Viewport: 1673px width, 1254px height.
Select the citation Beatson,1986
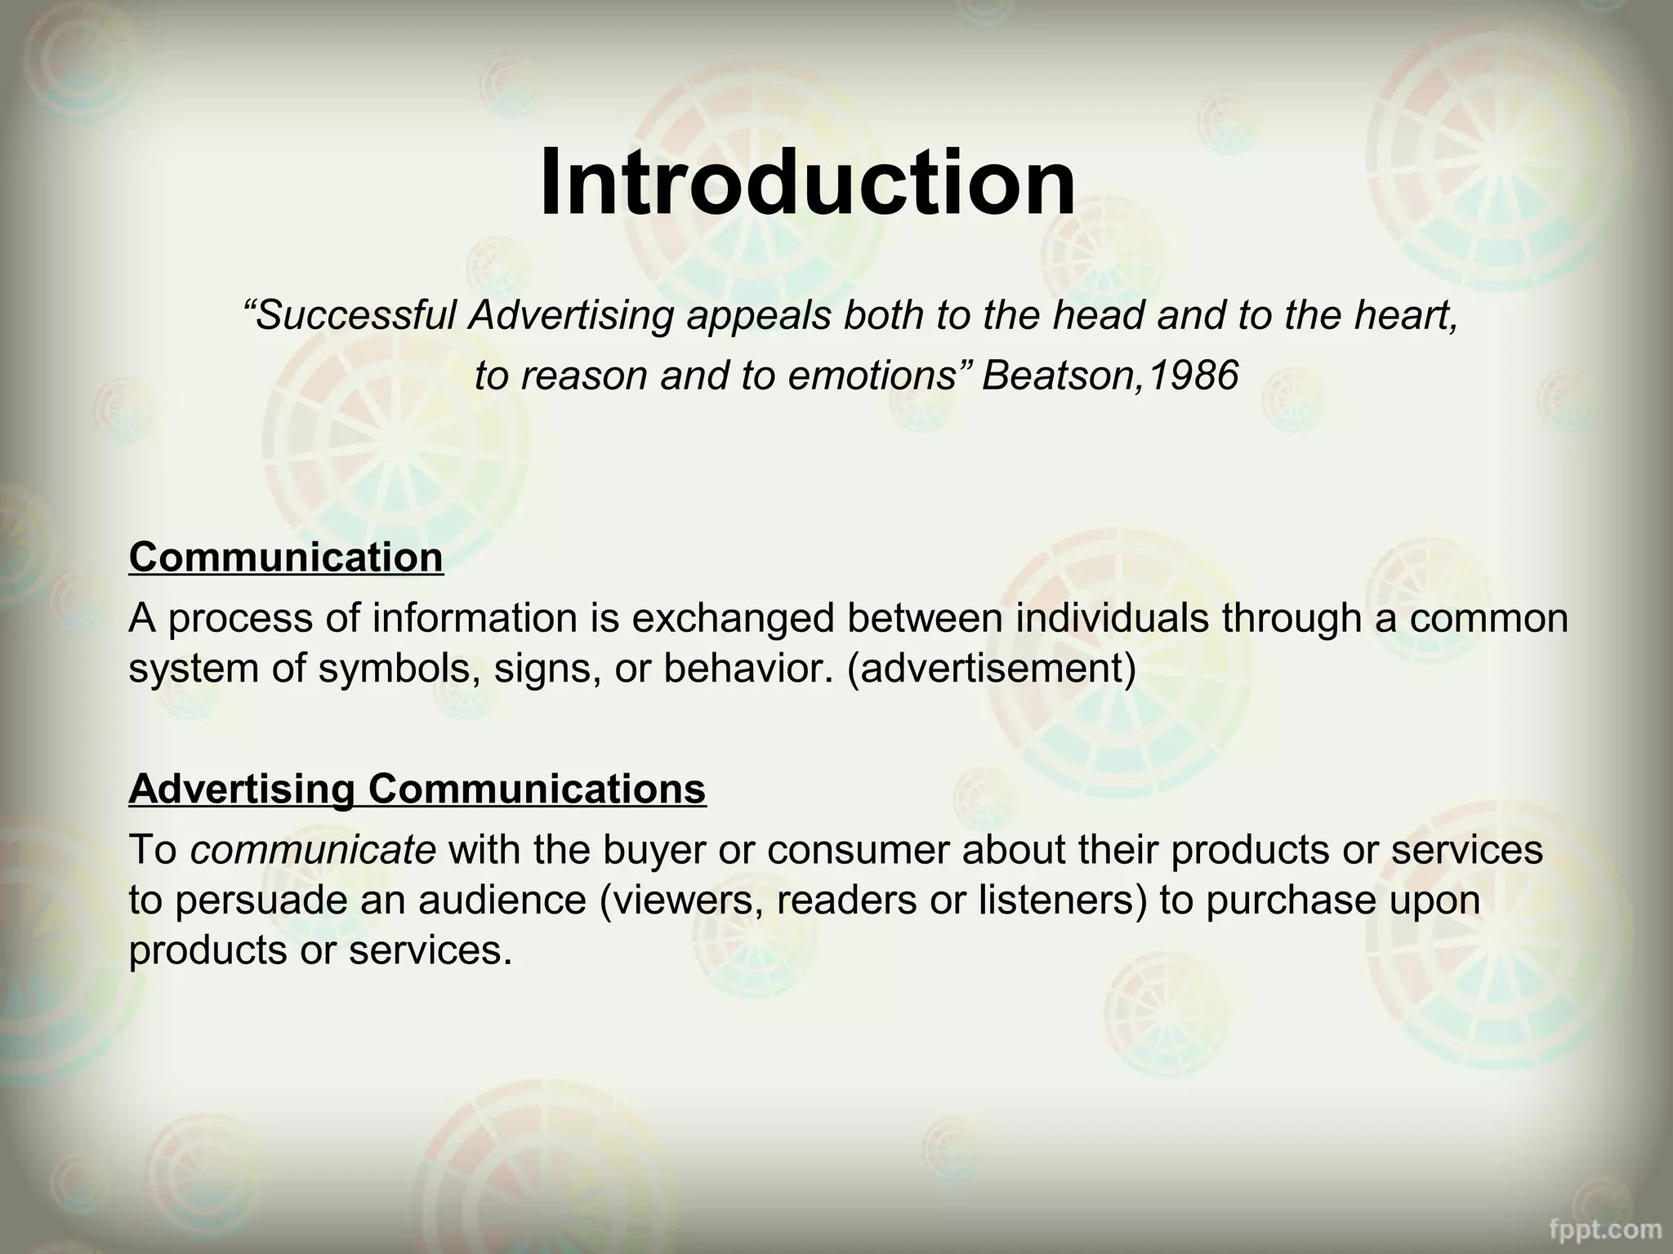coord(1110,376)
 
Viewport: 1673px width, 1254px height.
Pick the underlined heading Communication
coord(286,558)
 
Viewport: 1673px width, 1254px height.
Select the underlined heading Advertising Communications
coord(417,789)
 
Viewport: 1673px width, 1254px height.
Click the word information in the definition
coord(475,618)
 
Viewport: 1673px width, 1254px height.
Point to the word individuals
coord(1111,618)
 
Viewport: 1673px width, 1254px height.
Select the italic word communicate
coord(313,850)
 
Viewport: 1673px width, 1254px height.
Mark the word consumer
coord(857,850)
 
